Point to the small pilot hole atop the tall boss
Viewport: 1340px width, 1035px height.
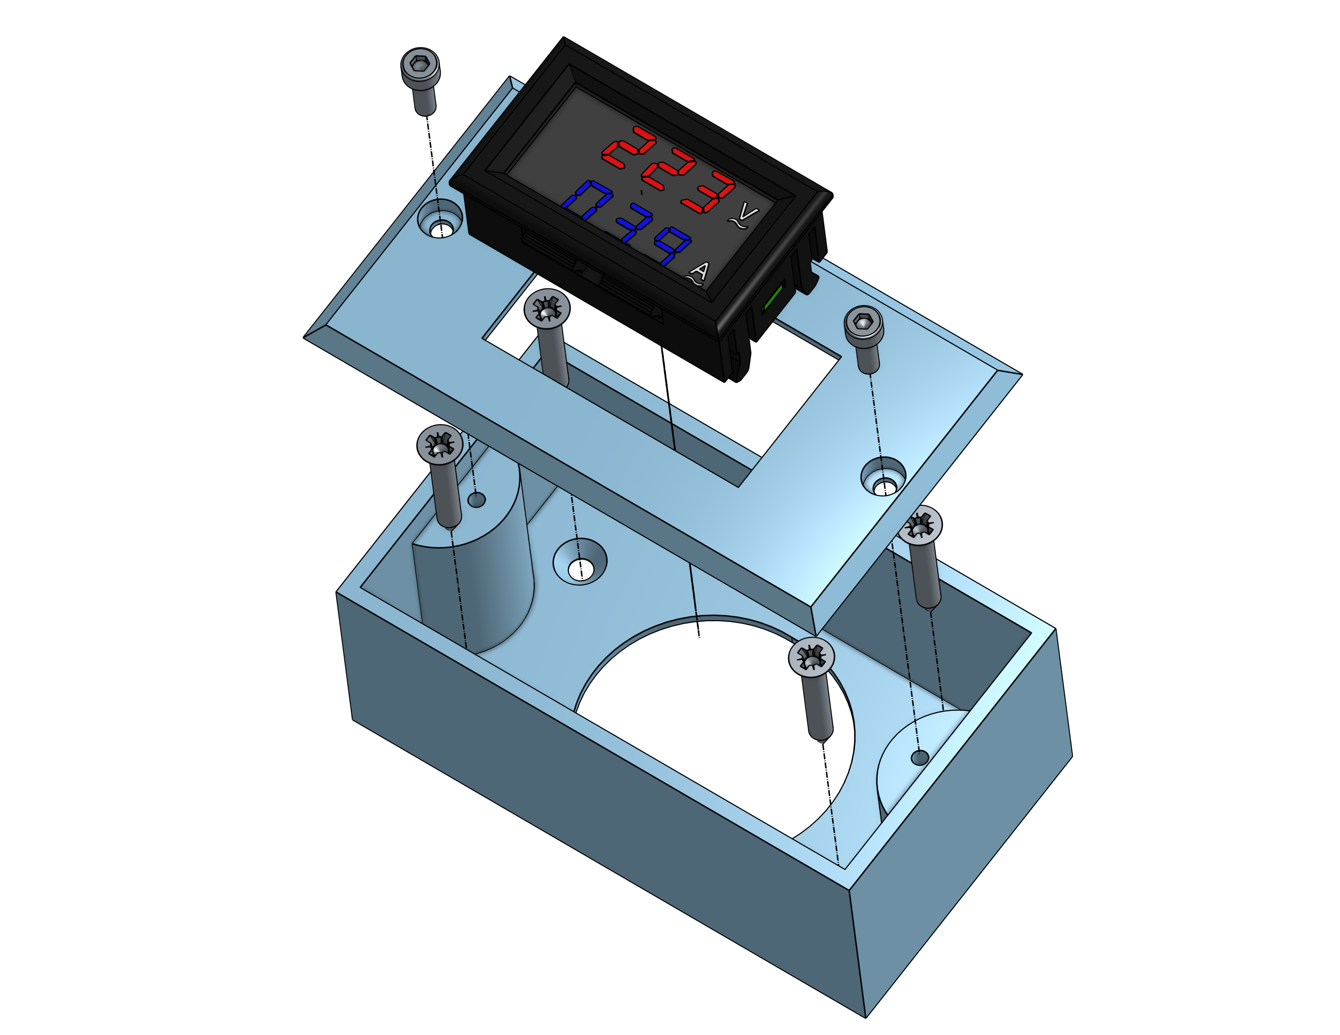(477, 500)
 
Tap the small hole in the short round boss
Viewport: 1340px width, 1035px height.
(919, 758)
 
